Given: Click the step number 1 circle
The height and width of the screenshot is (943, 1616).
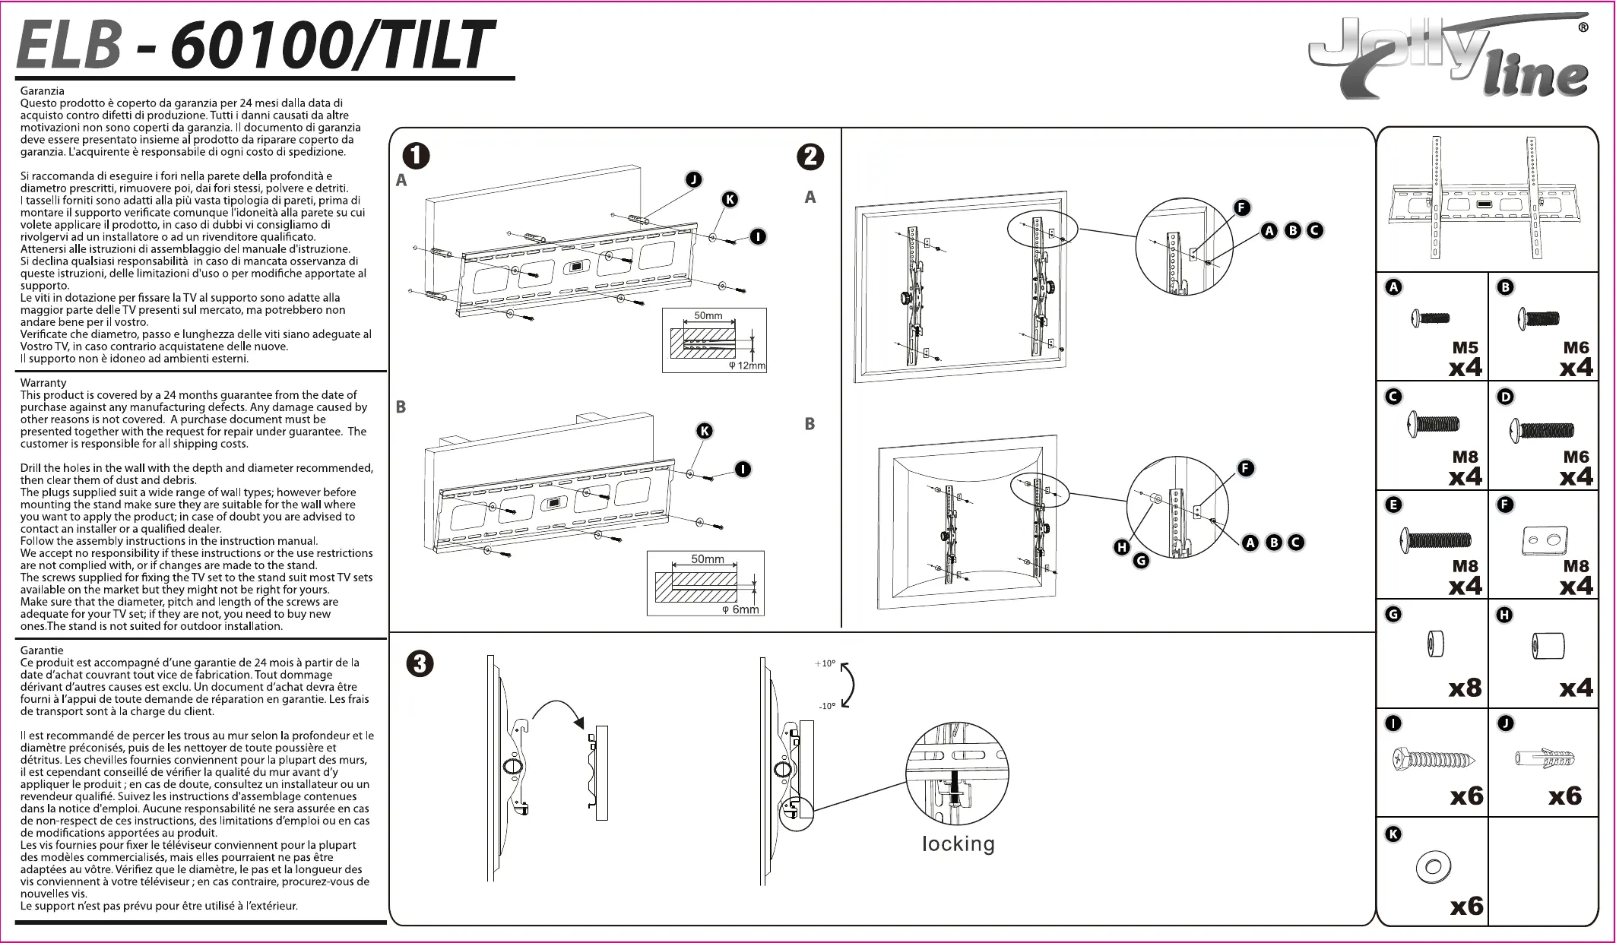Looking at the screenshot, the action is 417,156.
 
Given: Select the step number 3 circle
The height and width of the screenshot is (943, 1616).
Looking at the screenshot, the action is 420,664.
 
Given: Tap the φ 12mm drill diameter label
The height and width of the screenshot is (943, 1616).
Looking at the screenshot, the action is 747,365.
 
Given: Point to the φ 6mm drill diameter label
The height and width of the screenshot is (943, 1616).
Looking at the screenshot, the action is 740,609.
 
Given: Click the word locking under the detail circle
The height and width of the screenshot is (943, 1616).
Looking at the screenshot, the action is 959,844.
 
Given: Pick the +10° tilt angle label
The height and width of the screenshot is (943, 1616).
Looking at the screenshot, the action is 825,663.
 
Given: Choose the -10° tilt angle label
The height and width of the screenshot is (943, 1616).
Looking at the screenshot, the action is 827,706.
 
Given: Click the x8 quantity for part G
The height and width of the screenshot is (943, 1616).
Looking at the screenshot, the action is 1465,688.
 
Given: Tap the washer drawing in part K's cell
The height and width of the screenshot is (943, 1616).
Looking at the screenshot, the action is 1434,867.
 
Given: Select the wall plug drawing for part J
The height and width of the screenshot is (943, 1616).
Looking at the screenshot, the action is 1545,758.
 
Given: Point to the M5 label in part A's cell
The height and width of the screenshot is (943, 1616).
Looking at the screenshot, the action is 1465,348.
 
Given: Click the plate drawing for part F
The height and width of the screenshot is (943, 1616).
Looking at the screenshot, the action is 1545,541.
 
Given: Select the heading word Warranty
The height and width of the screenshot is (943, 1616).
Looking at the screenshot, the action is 43,383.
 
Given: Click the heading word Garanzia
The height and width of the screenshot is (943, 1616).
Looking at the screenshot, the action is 43,91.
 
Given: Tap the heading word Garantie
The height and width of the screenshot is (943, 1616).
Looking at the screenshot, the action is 42,650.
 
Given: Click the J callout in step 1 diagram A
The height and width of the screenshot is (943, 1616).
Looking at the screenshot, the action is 693,180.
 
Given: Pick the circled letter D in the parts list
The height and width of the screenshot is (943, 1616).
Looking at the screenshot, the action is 1505,397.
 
